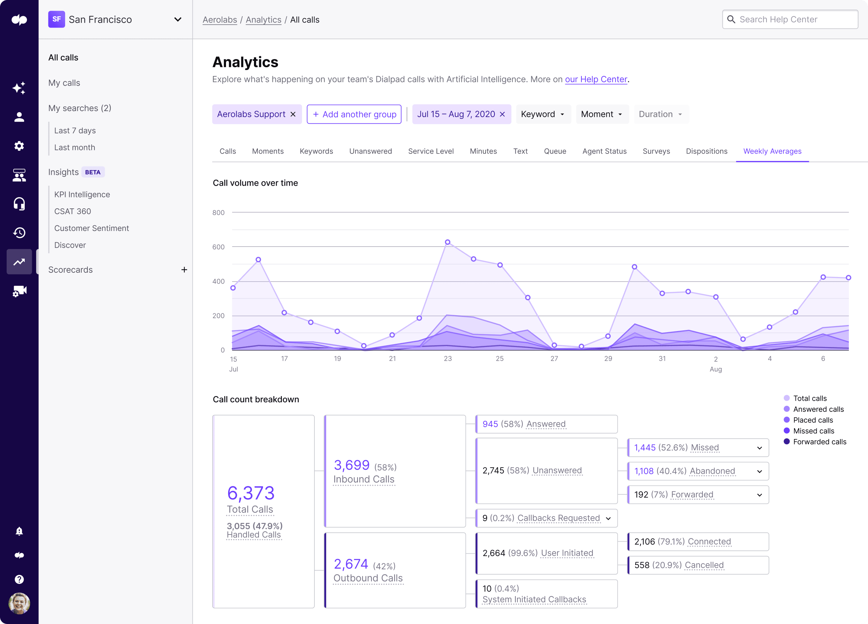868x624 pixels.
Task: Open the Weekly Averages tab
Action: tap(772, 151)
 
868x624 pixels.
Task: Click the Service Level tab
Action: tap(430, 151)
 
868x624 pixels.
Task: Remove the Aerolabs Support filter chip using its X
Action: tap(293, 115)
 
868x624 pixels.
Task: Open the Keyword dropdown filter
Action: tap(543, 115)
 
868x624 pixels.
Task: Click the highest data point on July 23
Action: tap(447, 242)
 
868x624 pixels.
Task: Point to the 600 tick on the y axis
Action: tap(219, 247)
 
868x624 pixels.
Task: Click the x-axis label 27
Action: tap(554, 359)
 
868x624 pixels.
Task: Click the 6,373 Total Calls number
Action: tap(251, 493)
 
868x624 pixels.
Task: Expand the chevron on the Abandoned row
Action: tap(759, 471)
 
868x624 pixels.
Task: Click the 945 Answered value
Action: tap(490, 424)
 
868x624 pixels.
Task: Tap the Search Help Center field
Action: tap(790, 19)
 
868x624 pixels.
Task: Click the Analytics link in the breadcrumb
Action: tap(263, 20)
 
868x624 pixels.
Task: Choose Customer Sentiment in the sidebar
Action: tap(92, 228)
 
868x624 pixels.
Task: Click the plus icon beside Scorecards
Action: tap(184, 270)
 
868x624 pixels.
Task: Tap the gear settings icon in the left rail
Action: tap(19, 146)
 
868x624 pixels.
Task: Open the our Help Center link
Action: tap(596, 79)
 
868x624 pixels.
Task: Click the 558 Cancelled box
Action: tap(698, 565)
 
